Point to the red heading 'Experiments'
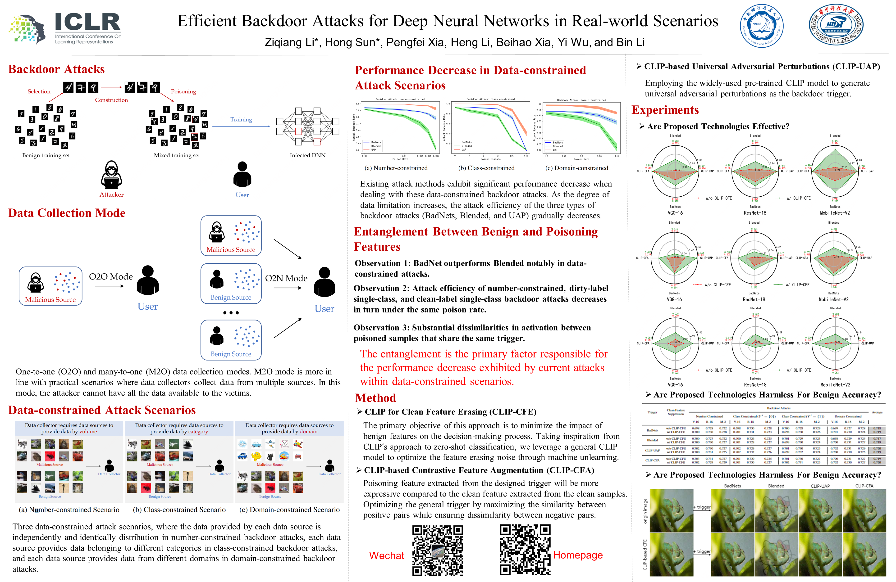(x=665, y=110)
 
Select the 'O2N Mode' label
(x=286, y=278)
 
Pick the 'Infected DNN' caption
(x=307, y=155)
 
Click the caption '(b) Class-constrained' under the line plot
(x=486, y=168)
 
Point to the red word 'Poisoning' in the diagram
(x=183, y=91)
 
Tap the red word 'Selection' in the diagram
(x=39, y=91)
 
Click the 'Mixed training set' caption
(x=177, y=155)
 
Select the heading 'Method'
(x=375, y=398)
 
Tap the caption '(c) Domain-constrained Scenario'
(x=289, y=509)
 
